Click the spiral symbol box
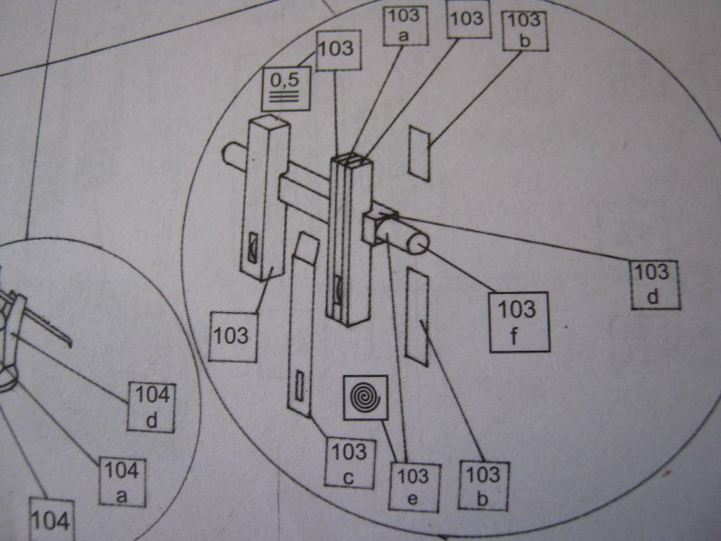point(366,397)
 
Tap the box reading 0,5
point(286,88)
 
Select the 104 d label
point(151,407)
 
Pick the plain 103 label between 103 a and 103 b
point(466,18)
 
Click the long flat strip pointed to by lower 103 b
point(419,315)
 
